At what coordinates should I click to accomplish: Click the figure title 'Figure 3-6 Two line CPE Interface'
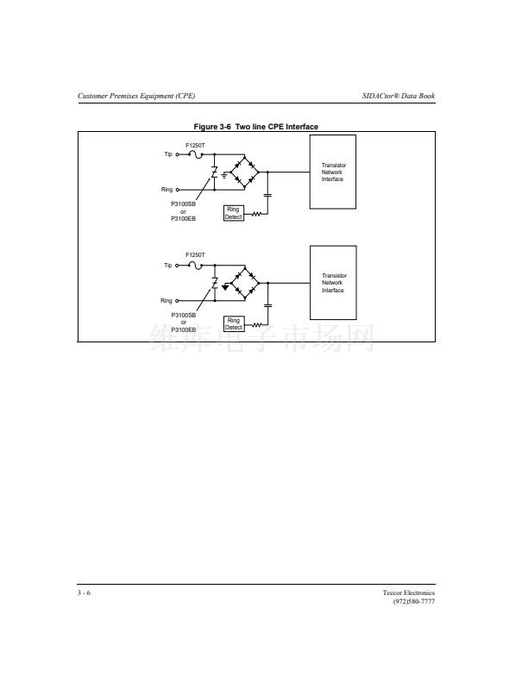(255, 127)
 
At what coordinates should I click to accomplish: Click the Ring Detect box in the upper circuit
(234, 213)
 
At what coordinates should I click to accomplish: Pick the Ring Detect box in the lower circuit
(234, 324)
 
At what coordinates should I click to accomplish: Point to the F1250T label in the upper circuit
(195, 146)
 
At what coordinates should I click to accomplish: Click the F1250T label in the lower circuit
(195, 254)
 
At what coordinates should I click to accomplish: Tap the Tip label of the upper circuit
(168, 154)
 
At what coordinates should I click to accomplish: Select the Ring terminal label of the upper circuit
(167, 190)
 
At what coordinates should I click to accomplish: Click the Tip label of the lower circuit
(168, 266)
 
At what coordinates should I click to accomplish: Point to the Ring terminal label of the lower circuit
(167, 301)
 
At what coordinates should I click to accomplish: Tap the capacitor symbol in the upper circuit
(268, 195)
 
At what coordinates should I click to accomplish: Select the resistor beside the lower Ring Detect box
(257, 325)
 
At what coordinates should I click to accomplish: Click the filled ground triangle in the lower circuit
(225, 287)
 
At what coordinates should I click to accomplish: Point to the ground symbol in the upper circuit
(224, 175)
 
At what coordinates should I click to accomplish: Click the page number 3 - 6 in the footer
(84, 592)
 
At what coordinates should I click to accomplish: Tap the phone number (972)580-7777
(414, 602)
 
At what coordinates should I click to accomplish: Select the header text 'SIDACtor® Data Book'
(399, 96)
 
